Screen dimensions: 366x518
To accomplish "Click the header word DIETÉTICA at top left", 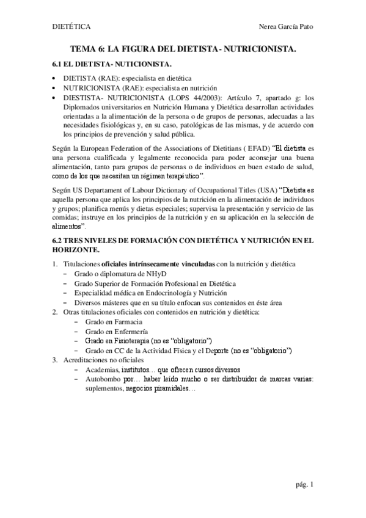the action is (x=70, y=27).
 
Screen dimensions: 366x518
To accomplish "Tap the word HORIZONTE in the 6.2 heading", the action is (x=76, y=250).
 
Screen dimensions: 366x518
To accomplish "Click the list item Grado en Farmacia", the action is (x=114, y=321).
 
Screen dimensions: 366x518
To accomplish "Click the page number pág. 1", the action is (x=303, y=485).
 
